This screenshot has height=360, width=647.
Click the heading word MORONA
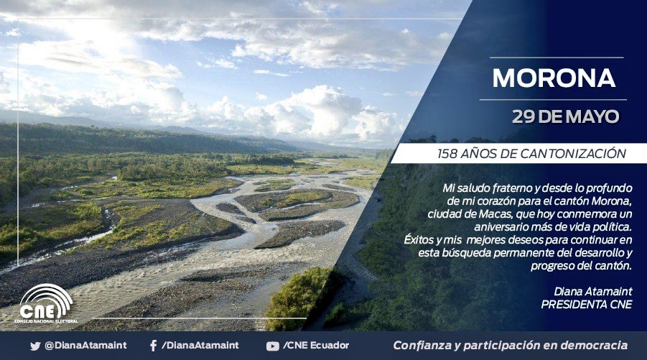(x=554, y=78)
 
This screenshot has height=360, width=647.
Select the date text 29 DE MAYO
(x=565, y=116)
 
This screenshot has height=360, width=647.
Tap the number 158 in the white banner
(x=449, y=153)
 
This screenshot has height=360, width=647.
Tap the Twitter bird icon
(x=35, y=346)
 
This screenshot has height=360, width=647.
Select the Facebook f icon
(x=153, y=346)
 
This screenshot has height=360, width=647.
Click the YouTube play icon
(x=272, y=346)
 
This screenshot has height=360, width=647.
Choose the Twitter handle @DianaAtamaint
(x=76, y=346)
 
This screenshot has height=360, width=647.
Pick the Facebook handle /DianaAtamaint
(x=195, y=346)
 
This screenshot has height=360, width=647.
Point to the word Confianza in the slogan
(x=423, y=345)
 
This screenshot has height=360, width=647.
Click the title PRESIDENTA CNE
(x=587, y=303)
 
